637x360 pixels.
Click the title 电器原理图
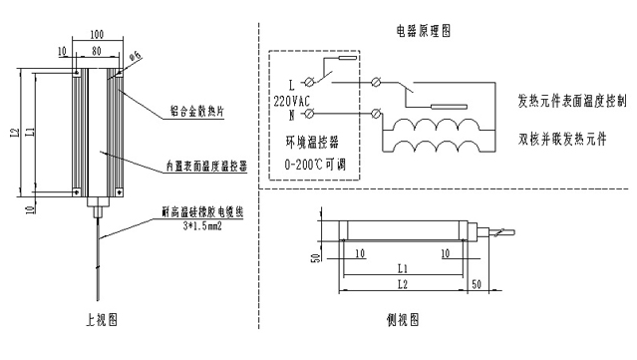[x=423, y=31]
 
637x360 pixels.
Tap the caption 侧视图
[x=402, y=321]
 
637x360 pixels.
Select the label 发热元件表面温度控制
[x=572, y=102]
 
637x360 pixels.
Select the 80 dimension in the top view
[x=97, y=50]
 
